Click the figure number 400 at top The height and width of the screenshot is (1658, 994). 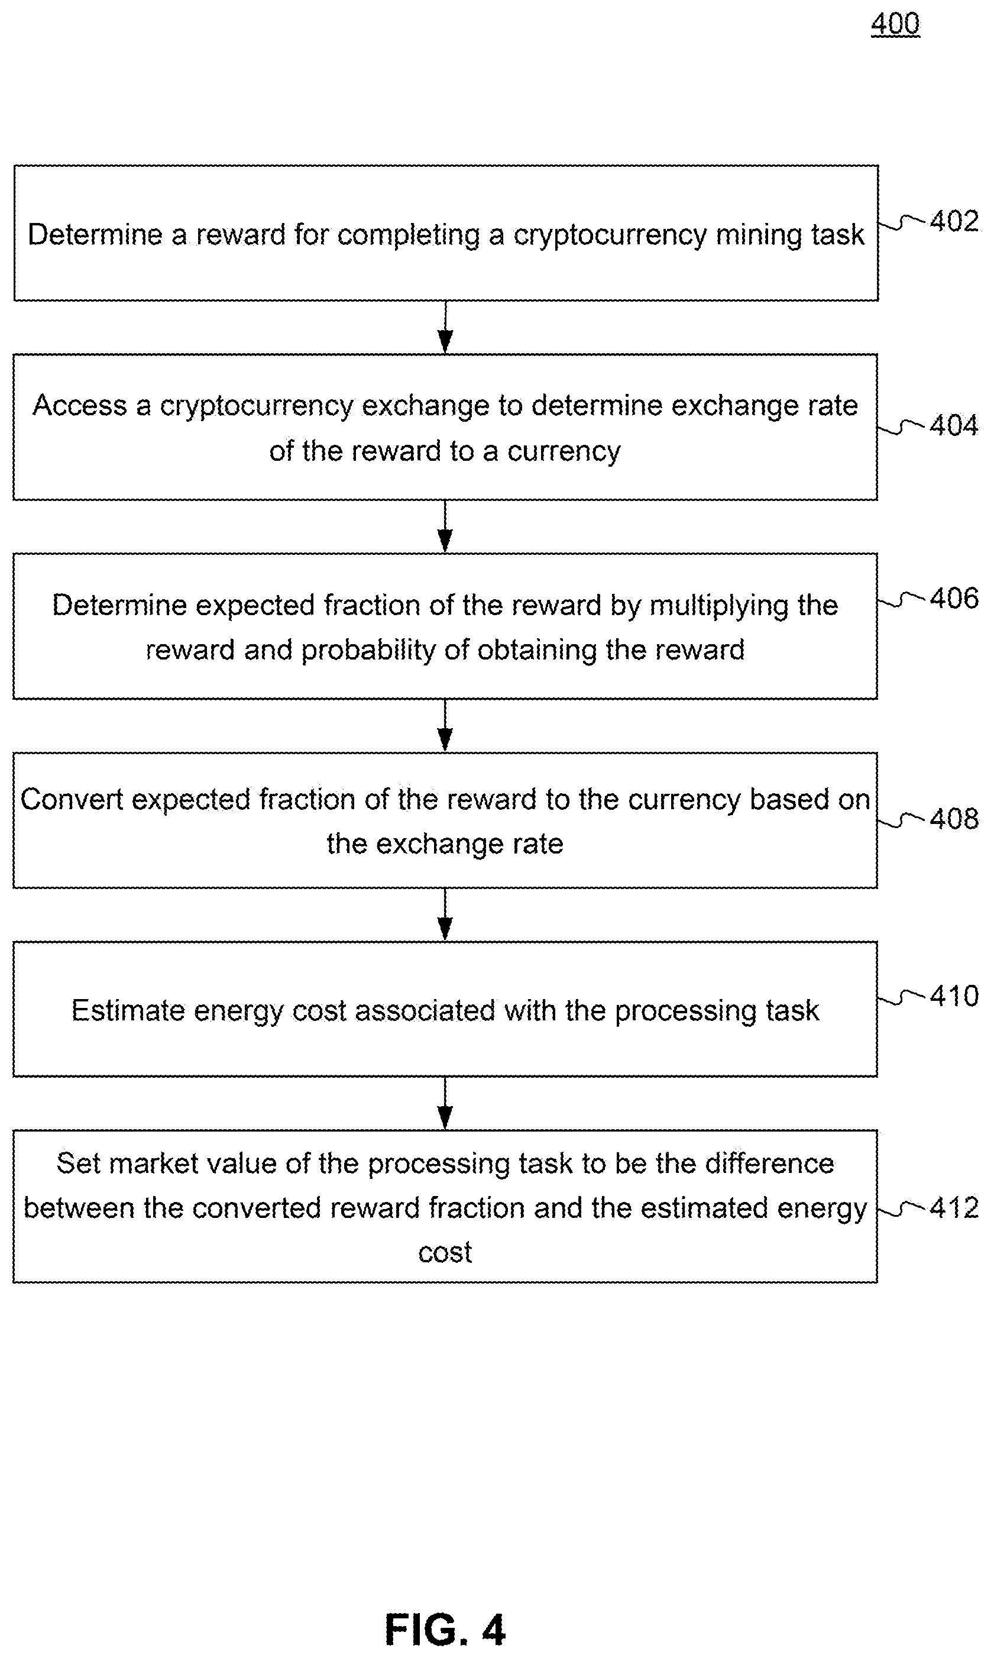[895, 24]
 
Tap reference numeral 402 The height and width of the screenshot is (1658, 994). [954, 221]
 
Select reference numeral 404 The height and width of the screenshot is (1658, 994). [954, 425]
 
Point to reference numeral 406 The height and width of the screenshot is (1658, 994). [954, 597]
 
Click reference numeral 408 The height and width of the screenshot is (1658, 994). [954, 819]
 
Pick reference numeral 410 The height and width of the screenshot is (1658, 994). [954, 996]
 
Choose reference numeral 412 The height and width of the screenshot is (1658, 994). [954, 1208]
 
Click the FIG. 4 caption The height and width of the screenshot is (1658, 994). [445, 1629]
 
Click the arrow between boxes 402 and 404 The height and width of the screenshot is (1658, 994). [445, 327]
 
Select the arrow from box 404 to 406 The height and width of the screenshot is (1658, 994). [445, 526]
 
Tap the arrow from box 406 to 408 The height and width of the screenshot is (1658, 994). [445, 726]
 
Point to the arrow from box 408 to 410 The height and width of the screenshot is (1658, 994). [445, 914]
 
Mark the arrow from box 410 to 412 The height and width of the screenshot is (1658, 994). [445, 1103]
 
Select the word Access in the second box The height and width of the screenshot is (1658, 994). [80, 405]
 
